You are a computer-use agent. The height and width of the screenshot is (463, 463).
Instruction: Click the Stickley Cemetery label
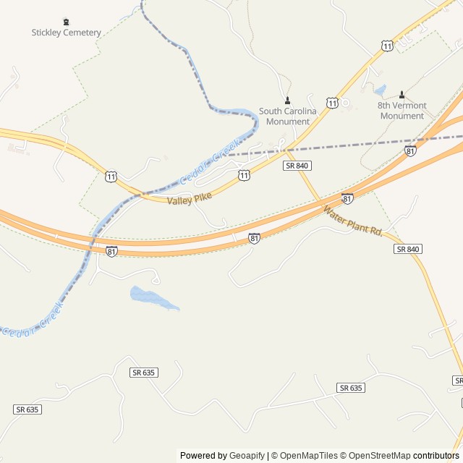(66, 33)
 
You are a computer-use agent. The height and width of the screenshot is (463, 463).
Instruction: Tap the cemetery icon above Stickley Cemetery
(67, 22)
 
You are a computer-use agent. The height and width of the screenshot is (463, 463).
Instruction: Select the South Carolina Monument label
(288, 116)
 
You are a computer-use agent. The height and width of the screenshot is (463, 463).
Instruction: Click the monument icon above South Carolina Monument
(288, 101)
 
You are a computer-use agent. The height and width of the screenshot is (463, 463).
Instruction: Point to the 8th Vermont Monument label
(402, 111)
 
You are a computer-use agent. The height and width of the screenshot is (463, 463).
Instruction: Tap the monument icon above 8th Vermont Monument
(402, 95)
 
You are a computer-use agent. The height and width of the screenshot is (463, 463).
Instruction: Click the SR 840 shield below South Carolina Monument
(297, 166)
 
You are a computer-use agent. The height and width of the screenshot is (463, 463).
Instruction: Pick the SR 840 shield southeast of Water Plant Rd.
(408, 249)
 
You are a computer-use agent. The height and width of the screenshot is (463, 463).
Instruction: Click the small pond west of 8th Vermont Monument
(380, 91)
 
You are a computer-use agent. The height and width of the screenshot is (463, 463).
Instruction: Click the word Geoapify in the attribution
(247, 456)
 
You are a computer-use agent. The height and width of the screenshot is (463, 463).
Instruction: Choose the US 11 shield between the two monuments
(331, 103)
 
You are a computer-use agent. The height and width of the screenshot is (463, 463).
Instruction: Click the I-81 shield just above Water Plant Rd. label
(348, 198)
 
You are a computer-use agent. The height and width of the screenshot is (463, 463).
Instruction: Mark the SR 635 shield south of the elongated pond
(144, 372)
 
